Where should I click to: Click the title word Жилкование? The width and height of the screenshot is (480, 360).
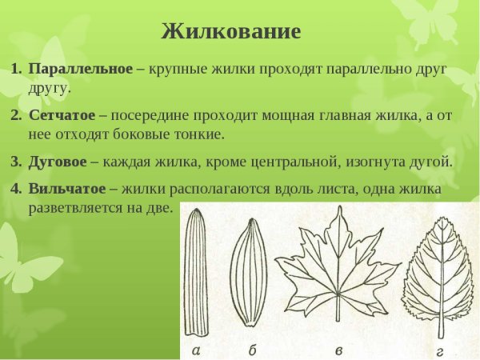pos(230,32)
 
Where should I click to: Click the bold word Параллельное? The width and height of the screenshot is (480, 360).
pos(80,70)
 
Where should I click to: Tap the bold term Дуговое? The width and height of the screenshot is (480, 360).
pos(58,161)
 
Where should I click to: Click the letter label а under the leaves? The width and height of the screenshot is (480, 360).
pos(196,350)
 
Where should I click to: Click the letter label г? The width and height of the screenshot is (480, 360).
pos(438,350)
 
